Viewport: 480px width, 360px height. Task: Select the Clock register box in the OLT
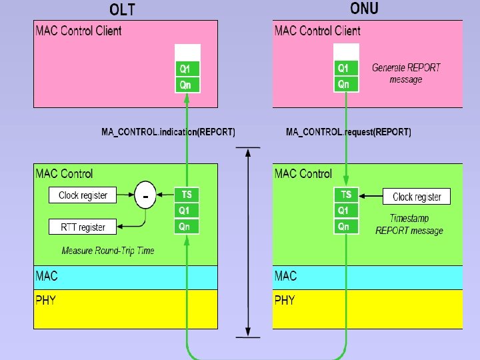click(x=82, y=195)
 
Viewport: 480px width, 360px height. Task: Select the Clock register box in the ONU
click(x=417, y=197)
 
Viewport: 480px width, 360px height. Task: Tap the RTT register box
click(x=83, y=227)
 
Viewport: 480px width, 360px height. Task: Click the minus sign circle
click(x=145, y=196)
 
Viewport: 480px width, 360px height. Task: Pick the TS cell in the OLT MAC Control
click(x=187, y=195)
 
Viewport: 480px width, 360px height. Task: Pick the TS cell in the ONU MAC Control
click(x=346, y=195)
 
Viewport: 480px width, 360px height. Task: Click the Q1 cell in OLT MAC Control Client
click(x=187, y=68)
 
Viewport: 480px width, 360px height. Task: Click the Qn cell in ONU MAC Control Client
click(x=346, y=84)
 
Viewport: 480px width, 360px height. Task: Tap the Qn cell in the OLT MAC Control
click(x=187, y=227)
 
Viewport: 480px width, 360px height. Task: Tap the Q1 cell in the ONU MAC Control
click(x=346, y=211)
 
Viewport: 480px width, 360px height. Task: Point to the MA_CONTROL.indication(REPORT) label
click(x=168, y=132)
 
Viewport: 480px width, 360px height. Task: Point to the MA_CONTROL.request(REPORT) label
click(x=349, y=132)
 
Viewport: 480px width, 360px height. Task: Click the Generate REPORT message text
click(x=406, y=73)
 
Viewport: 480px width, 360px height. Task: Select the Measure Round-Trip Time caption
click(x=107, y=251)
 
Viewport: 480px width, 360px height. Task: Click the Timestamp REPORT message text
click(x=409, y=225)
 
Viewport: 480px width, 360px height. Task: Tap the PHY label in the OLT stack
click(x=45, y=300)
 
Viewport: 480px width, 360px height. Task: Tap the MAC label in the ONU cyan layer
click(x=285, y=276)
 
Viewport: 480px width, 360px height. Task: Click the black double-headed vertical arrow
click(x=248, y=241)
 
